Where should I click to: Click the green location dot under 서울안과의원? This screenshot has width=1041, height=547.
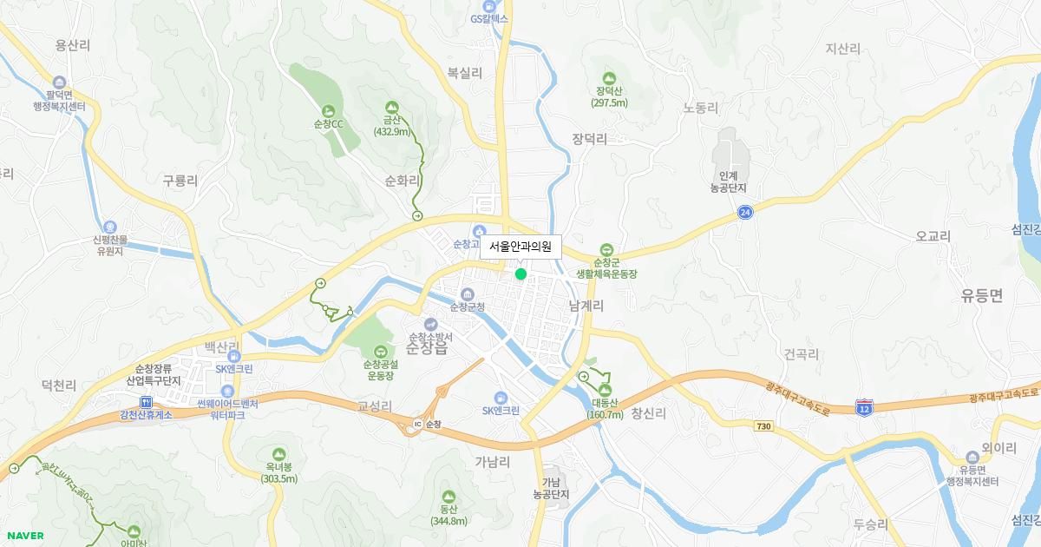click(520, 274)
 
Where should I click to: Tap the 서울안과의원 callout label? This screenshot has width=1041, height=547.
click(520, 247)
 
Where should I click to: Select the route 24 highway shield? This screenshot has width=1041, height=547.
click(745, 212)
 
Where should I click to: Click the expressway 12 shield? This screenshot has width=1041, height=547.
click(863, 407)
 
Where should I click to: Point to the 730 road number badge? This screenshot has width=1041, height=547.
click(763, 426)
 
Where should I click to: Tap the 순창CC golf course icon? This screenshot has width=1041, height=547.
click(328, 111)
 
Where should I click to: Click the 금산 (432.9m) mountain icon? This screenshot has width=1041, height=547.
click(391, 108)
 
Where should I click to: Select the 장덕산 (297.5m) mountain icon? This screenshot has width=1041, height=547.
click(609, 78)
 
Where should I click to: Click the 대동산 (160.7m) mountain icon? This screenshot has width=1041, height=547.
click(607, 391)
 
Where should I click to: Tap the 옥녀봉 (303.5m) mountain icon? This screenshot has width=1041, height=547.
click(278, 454)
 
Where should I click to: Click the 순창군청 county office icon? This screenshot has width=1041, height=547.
click(468, 293)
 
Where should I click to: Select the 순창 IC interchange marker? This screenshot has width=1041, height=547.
click(417, 425)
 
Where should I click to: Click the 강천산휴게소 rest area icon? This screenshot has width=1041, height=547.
click(146, 402)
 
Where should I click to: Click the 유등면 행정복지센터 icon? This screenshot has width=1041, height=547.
click(972, 458)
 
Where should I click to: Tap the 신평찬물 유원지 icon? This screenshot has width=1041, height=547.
click(109, 227)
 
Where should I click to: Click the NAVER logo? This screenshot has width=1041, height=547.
click(25, 536)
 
